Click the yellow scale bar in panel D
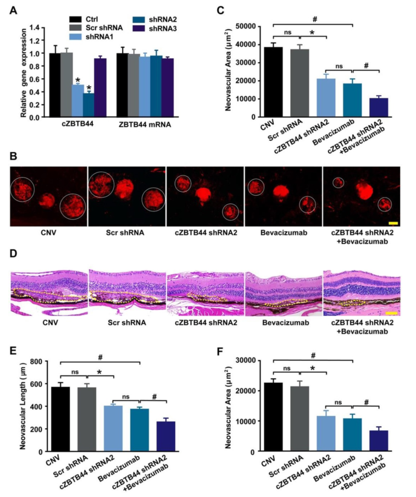pos(391,313)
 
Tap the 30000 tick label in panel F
pos(252,360)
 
